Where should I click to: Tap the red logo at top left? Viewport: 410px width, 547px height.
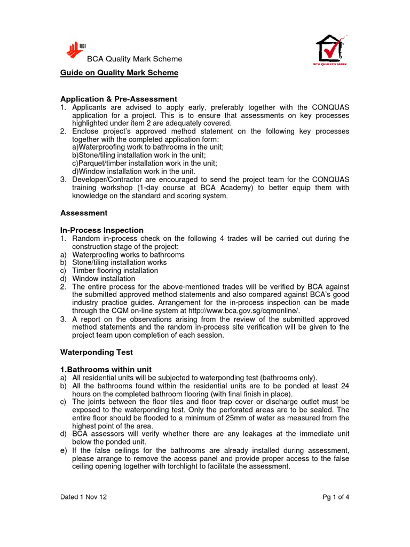coord(76,50)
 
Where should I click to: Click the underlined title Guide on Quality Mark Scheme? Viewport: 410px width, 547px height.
coord(119,73)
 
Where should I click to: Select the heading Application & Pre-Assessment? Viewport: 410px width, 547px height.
coord(118,99)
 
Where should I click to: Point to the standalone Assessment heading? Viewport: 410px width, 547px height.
coord(83,213)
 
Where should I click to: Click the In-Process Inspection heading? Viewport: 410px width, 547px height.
coord(101,230)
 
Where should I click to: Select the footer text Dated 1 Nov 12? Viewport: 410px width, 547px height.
coord(83,497)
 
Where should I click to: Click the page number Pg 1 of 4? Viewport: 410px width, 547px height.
coord(336,497)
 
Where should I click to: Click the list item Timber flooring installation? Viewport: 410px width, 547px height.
coord(115,271)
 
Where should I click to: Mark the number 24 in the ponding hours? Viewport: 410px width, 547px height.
coord(345,386)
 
